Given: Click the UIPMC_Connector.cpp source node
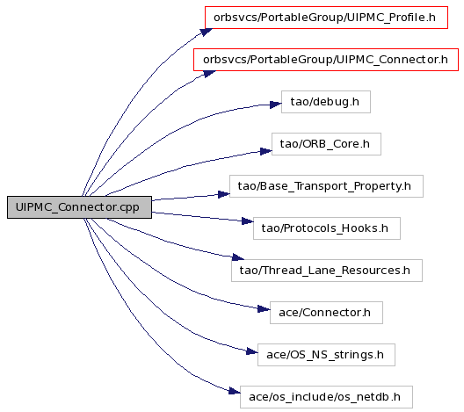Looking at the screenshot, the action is click(x=79, y=207).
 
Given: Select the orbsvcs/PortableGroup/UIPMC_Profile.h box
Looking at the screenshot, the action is click(x=326, y=18).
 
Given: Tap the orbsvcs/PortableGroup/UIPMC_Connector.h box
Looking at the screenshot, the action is click(x=326, y=60).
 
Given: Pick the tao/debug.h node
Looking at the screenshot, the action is click(x=326, y=102).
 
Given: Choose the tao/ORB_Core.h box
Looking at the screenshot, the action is click(x=326, y=144).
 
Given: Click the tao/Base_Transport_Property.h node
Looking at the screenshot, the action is click(x=326, y=186).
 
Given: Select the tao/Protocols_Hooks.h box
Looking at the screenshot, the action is click(x=327, y=228).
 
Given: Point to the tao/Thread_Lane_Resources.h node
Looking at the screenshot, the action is click(x=327, y=271).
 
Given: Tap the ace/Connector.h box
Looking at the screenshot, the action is click(x=326, y=313).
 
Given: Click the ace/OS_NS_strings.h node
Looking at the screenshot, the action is click(x=326, y=355).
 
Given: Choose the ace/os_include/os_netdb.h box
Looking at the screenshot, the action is click(x=326, y=397).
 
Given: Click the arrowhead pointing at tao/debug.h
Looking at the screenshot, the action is click(x=276, y=105).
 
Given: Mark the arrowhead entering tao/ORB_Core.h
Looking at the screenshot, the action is click(x=266, y=151).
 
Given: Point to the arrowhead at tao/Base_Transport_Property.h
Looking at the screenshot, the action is click(x=224, y=194).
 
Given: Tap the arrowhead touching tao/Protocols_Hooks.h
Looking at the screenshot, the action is click(x=248, y=221).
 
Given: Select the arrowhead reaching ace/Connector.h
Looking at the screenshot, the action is click(x=264, y=309).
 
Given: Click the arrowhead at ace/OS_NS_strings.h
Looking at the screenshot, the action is click(x=252, y=351).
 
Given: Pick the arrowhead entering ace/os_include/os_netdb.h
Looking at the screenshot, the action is click(x=235, y=391).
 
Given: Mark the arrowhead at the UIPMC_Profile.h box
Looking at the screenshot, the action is click(x=207, y=32).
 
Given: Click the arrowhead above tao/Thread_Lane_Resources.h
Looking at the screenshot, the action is click(x=238, y=257).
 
